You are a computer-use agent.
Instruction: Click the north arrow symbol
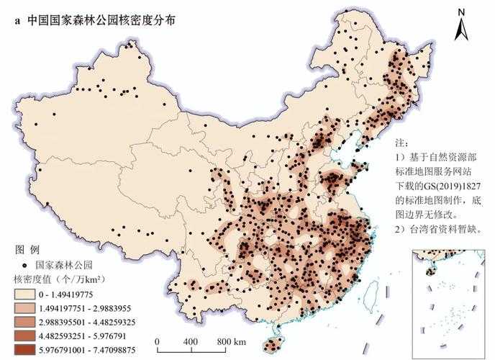pos(463,30)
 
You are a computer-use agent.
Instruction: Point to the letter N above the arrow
pos(463,12)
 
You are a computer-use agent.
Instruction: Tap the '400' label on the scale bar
pos(190,341)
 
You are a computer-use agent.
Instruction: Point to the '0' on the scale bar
pos(157,341)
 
